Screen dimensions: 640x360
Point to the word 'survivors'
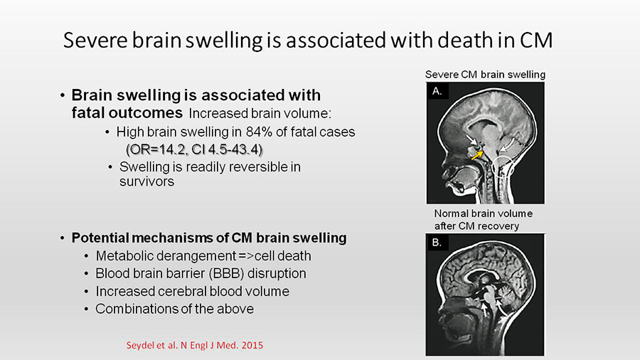pos(146,181)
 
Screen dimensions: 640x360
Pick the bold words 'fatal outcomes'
pos(127,112)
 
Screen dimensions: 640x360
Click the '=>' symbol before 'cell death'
pos(246,256)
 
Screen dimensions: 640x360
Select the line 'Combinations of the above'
pos(175,309)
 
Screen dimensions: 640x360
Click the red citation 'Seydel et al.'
pos(152,345)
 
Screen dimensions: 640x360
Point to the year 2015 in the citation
pos(252,345)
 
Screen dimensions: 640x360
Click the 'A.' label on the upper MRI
pos(437,92)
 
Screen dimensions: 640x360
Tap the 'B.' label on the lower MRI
pos(437,243)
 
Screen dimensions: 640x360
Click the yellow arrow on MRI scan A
pos(477,155)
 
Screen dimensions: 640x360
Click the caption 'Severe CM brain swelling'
pos(485,75)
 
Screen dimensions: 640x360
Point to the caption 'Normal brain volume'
pos(484,213)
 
